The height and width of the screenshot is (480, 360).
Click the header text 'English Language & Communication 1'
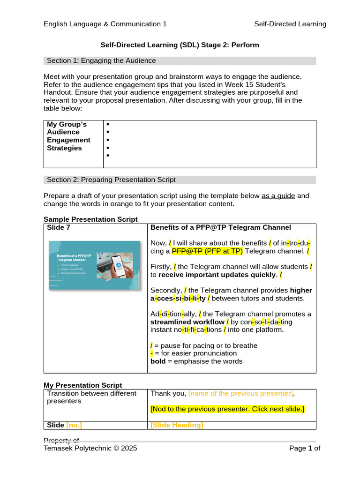pyautogui.click(x=105, y=24)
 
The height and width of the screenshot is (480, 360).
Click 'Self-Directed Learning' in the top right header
pyautogui.click(x=290, y=24)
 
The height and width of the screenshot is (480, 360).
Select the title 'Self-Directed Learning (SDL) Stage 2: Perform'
pyautogui.click(x=180, y=45)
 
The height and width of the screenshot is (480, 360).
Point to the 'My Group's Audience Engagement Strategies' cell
pyautogui.click(x=69, y=136)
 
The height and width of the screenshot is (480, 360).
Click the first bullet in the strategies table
pyautogui.click(x=108, y=124)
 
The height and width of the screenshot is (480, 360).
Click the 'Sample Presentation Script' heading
pyautogui.click(x=90, y=219)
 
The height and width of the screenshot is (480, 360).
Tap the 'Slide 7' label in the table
pyautogui.click(x=59, y=228)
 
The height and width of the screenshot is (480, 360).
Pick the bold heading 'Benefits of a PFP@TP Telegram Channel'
pyautogui.click(x=221, y=228)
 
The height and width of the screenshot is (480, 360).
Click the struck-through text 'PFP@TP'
pyautogui.click(x=187, y=251)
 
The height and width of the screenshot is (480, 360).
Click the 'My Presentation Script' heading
pyautogui.click(x=82, y=385)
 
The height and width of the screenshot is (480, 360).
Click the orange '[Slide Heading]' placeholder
pyautogui.click(x=177, y=425)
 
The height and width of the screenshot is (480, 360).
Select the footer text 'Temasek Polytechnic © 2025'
pyautogui.click(x=90, y=449)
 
